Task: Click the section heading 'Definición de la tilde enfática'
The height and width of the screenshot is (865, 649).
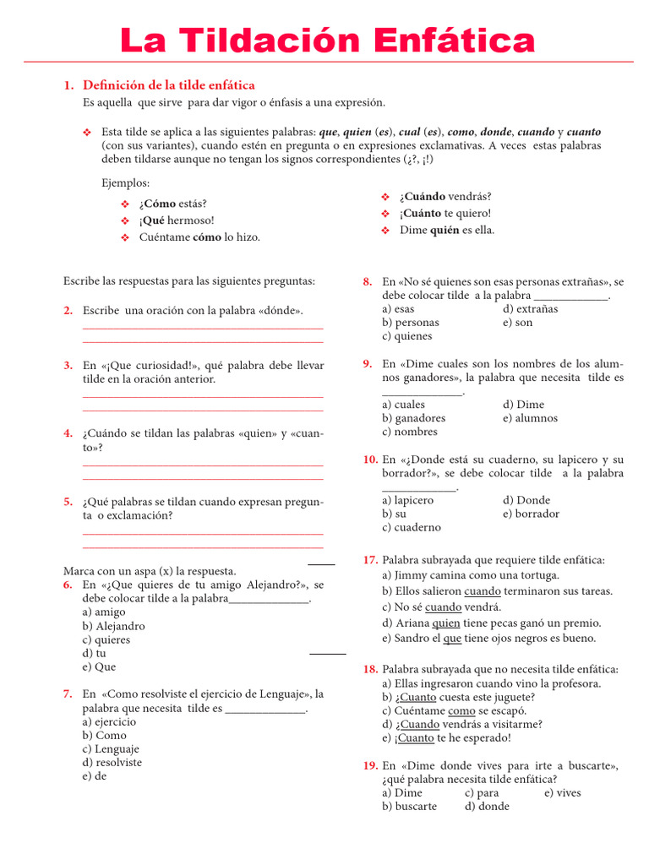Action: click(x=168, y=85)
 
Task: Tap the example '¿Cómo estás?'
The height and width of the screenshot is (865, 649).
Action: click(x=173, y=204)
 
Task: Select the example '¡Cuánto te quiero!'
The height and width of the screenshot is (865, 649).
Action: click(x=444, y=214)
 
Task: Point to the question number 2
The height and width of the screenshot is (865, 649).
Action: click(x=68, y=311)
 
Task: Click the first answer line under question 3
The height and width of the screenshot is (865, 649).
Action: click(x=203, y=395)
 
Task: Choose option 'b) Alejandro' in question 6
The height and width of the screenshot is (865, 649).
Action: click(x=114, y=626)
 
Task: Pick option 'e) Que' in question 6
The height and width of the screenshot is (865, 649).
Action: click(x=100, y=666)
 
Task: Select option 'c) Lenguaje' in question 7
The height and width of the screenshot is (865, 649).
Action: click(x=111, y=748)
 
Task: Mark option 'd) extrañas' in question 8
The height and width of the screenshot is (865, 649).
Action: click(x=530, y=308)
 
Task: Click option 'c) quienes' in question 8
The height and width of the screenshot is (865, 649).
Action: click(x=406, y=336)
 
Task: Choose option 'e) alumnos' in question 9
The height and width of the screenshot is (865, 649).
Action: click(x=530, y=418)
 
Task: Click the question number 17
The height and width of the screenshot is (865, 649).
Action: click(x=370, y=560)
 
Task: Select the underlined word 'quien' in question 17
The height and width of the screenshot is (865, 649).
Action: click(x=446, y=623)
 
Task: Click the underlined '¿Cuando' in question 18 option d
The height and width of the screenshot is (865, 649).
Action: click(x=417, y=724)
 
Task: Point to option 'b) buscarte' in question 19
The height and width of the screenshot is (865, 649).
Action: click(x=409, y=806)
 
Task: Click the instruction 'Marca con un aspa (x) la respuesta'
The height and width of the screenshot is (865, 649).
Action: click(x=150, y=571)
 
